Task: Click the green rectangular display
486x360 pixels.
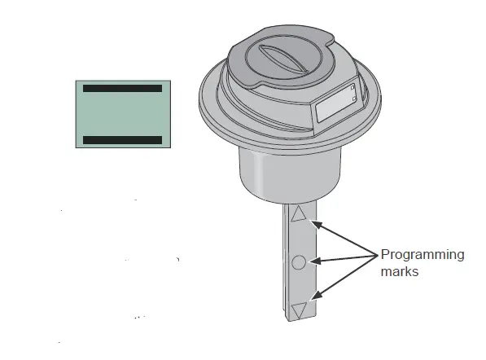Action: point(122,113)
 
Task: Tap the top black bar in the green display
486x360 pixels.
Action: point(122,87)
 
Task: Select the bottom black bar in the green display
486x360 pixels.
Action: point(122,140)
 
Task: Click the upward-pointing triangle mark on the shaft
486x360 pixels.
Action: point(300,214)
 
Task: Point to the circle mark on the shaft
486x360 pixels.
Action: point(299,261)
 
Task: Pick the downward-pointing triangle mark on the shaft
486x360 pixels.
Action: point(300,309)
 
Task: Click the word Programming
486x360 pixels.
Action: point(423,255)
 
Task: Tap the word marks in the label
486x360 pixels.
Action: point(400,272)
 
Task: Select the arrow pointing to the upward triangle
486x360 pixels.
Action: point(342,235)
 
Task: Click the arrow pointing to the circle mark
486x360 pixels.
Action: point(342,259)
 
